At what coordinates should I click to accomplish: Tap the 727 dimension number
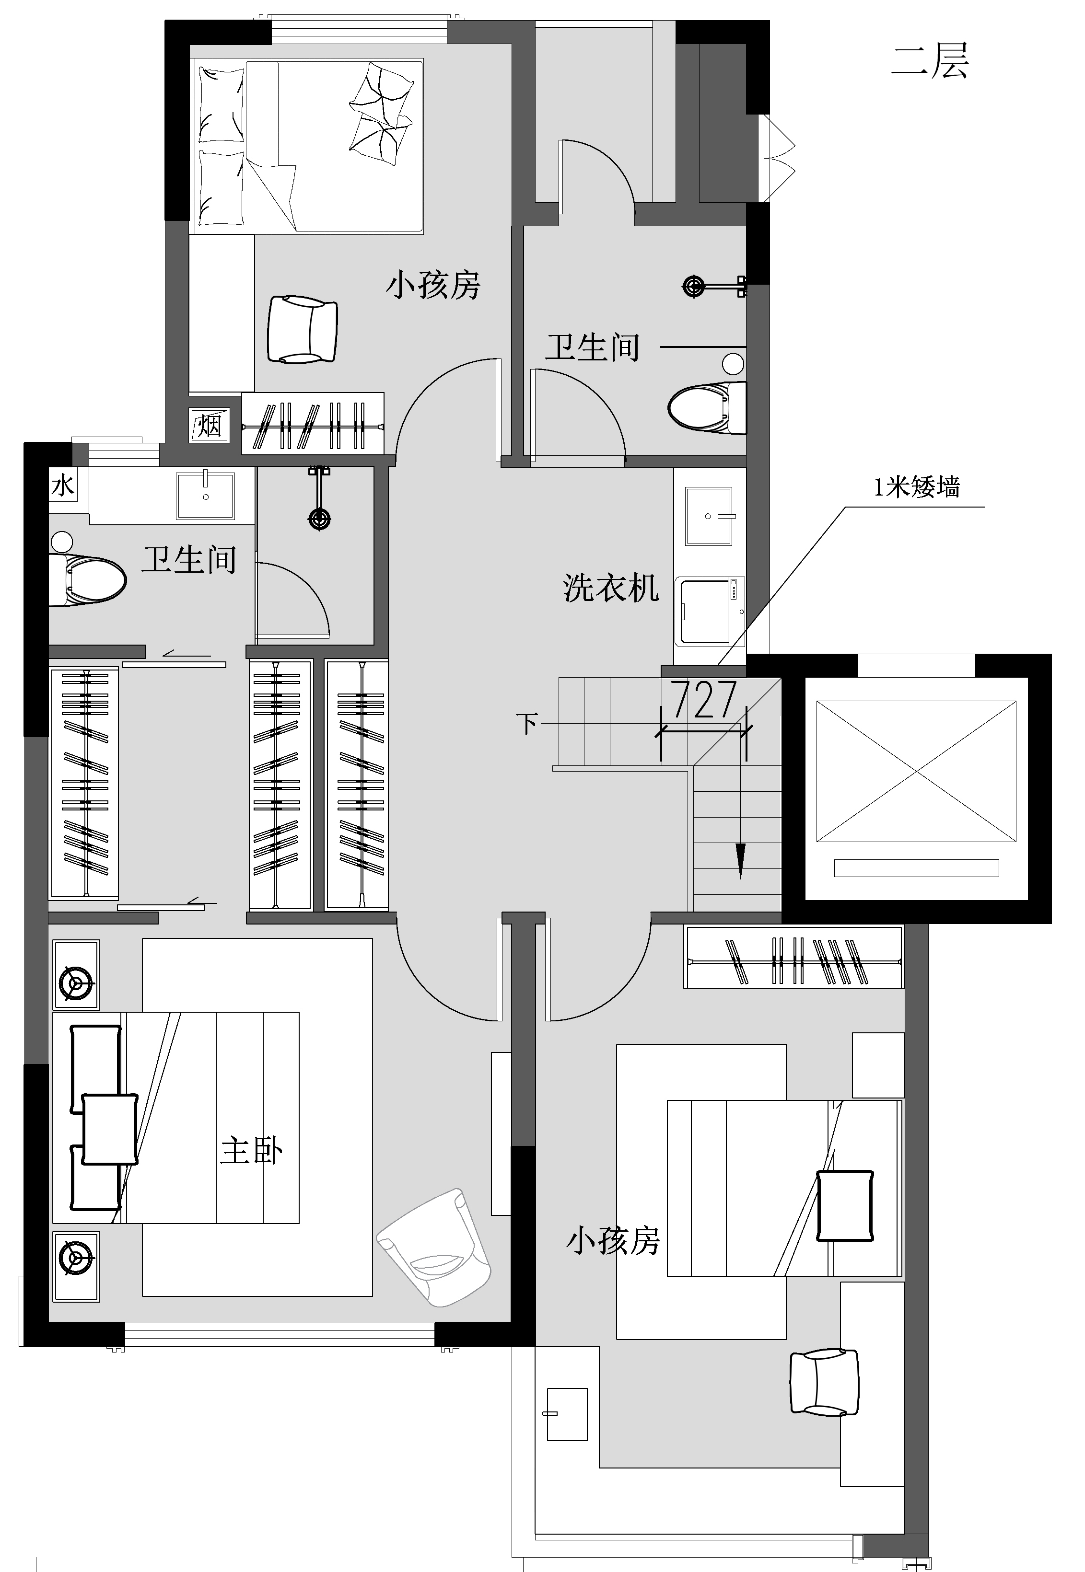tap(705, 701)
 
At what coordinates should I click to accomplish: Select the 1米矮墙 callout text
tap(916, 487)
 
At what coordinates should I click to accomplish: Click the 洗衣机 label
tap(610, 588)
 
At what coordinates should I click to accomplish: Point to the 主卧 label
tap(252, 1151)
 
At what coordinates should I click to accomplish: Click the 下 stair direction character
tap(527, 724)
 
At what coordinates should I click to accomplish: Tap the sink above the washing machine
tap(708, 516)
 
